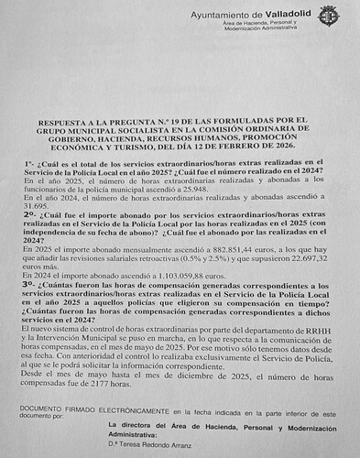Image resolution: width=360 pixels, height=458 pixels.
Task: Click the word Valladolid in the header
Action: click(285, 15)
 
